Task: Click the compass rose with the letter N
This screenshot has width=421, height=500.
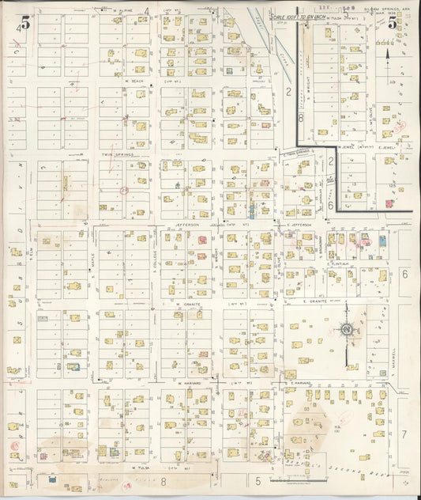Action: [x=345, y=329]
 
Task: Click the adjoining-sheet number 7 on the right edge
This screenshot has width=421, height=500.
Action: [x=404, y=434]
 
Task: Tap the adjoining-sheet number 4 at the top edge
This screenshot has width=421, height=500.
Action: [x=147, y=9]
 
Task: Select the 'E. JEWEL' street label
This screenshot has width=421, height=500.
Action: [x=385, y=146]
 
